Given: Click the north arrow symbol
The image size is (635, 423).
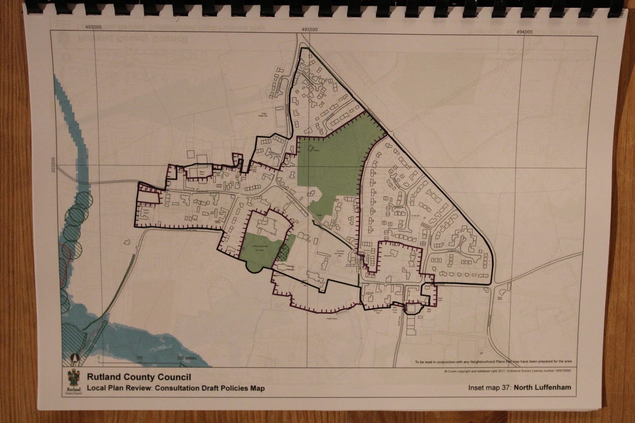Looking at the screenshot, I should pos(74,359).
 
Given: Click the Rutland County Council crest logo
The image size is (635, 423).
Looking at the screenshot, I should pos(75,382).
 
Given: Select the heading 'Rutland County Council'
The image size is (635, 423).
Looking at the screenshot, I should pos(139,377).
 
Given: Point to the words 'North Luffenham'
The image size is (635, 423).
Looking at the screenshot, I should pos(543,387).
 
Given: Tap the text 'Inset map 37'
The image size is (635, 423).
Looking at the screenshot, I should pos(489,387).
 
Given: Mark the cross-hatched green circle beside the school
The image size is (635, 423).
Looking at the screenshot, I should pos(283,251).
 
